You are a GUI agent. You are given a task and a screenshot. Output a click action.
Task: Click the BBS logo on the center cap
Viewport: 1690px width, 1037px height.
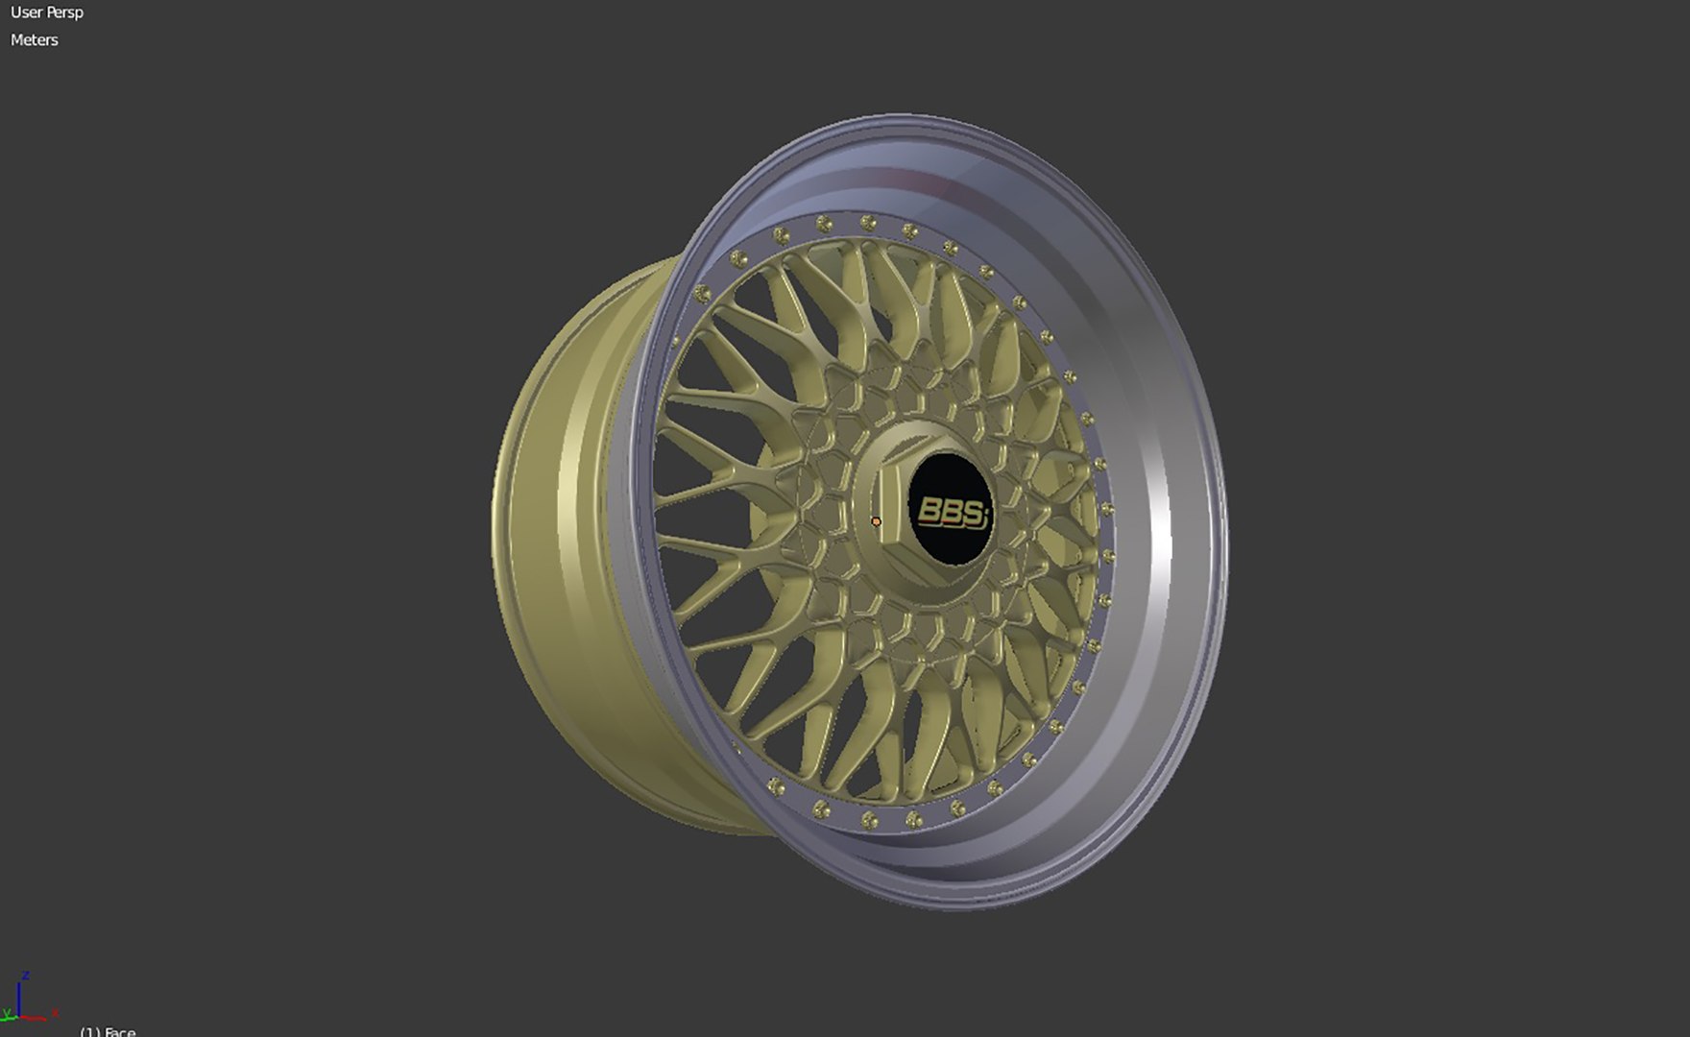pos(952,512)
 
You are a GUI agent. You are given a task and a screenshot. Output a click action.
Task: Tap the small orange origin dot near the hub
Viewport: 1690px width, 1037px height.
pos(876,521)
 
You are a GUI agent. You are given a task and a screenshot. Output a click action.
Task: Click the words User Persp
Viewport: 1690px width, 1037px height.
pos(47,12)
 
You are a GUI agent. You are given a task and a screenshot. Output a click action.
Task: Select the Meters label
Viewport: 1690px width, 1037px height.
pos(35,40)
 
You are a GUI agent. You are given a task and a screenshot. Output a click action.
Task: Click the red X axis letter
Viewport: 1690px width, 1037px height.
pos(55,1012)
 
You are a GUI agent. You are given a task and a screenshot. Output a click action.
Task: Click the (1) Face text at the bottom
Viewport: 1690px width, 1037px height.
pos(108,1032)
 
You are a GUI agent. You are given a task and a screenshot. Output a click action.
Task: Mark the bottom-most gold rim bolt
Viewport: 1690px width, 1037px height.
pos(870,819)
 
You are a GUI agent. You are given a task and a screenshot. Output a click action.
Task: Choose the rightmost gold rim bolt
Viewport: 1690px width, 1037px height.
pos(1107,509)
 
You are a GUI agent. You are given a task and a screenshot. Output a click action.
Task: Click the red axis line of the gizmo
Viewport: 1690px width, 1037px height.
pos(35,1018)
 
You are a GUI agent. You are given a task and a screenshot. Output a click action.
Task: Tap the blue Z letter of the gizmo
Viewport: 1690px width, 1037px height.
pos(26,976)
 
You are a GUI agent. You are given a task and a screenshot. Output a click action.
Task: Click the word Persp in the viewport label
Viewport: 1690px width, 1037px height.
pos(65,12)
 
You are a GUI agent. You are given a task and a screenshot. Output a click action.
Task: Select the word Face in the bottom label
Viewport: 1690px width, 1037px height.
pos(119,1032)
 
